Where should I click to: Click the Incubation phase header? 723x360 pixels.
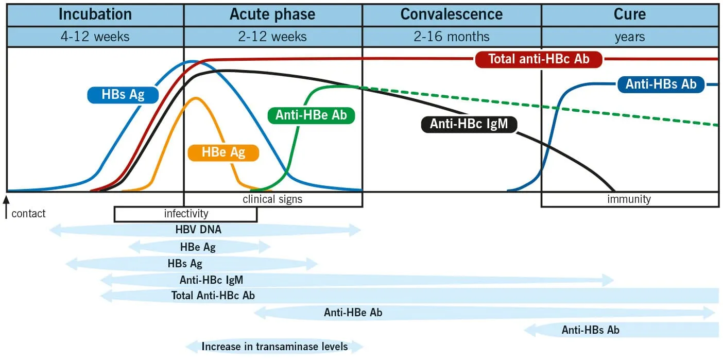point(95,14)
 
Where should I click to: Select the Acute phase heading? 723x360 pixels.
point(272,14)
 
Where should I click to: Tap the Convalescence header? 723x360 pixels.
point(452,14)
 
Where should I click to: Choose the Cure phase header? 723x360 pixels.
point(629,14)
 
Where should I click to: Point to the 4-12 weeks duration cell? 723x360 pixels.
point(95,37)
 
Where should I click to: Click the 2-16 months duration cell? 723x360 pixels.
point(452,37)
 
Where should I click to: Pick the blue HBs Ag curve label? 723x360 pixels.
point(123,95)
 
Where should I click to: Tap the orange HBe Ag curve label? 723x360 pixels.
point(223,152)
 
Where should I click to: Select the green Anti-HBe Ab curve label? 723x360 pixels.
point(312,115)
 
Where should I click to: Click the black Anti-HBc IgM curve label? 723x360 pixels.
point(469,124)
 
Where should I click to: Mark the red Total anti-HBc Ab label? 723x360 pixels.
point(539,59)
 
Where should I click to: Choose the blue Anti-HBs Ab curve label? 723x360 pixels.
point(661,84)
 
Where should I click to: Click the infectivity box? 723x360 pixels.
point(186,214)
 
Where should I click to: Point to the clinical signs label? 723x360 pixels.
point(272,199)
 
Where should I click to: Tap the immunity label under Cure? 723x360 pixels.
point(629,199)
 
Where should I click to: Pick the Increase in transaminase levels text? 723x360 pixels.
point(274,347)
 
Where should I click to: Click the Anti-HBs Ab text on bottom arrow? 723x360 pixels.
point(590,330)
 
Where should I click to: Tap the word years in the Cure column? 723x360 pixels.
point(629,37)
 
